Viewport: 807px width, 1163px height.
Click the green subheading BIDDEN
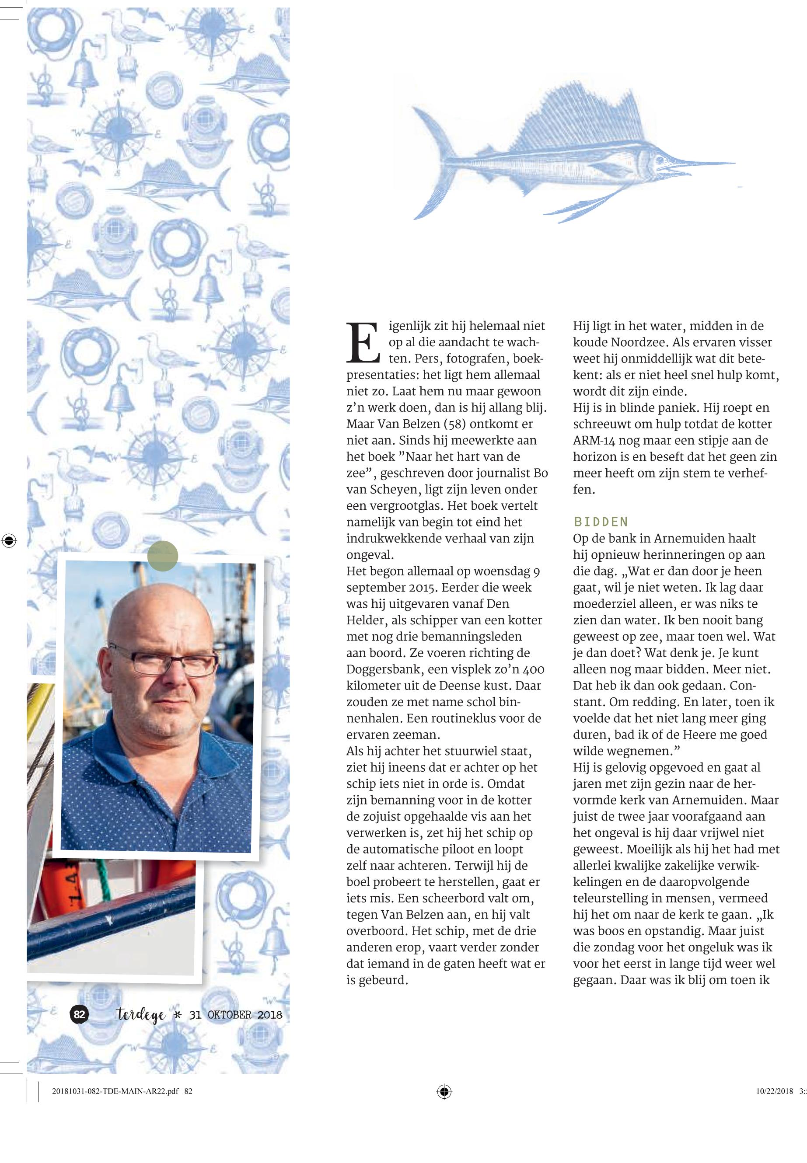pos(601,522)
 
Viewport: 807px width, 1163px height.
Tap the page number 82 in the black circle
pos(79,1014)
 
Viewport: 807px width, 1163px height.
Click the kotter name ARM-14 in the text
pos(594,440)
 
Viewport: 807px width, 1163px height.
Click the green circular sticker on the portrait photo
pos(163,556)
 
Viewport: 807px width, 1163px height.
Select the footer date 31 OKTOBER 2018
pos(235,1015)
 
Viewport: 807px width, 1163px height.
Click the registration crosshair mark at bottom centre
pos(444,1091)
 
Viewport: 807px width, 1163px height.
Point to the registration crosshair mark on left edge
pos(9,541)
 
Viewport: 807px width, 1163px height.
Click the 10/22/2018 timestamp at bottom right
pos(774,1091)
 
